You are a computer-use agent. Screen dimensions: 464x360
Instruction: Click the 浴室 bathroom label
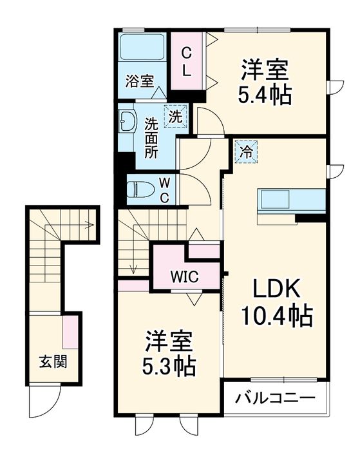click(x=139, y=81)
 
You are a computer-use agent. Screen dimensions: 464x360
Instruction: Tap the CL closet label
click(x=185, y=62)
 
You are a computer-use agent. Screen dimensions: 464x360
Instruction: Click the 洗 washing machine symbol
click(x=175, y=117)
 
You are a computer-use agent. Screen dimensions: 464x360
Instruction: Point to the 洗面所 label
click(x=151, y=137)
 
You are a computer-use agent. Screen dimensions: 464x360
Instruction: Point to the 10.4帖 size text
click(x=277, y=316)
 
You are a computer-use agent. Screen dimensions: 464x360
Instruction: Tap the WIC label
click(x=184, y=277)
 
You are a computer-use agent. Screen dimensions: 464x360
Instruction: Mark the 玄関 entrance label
click(x=52, y=362)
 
